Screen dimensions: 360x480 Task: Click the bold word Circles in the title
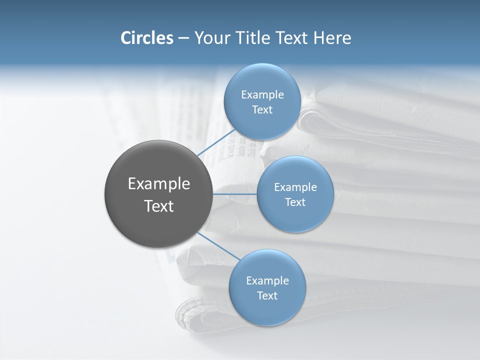[x=147, y=38]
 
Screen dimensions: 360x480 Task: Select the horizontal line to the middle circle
[x=234, y=194]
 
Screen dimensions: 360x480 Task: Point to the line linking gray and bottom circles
[x=219, y=245]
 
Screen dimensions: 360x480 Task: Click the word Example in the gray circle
[x=159, y=184]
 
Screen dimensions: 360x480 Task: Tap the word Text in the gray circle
[x=159, y=206]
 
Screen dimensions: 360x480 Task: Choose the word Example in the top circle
[x=262, y=95]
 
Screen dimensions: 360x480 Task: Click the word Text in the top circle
[x=262, y=110]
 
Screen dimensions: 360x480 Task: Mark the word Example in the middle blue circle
[x=295, y=187]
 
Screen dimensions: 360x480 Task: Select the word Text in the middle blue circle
[x=295, y=202]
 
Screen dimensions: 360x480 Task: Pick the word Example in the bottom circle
[x=267, y=281]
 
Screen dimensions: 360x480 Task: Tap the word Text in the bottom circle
[x=267, y=296]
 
